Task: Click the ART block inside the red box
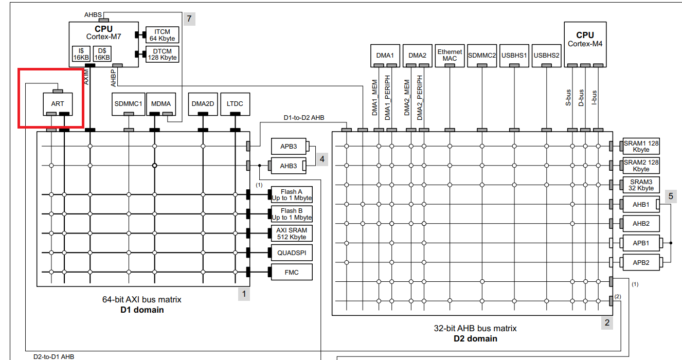point(57,104)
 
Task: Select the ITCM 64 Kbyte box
point(163,35)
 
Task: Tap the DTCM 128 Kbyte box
point(163,54)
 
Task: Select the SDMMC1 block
point(128,104)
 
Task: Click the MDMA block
point(160,104)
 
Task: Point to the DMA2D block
point(203,104)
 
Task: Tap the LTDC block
point(235,104)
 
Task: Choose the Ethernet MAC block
point(450,55)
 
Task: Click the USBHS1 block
point(514,55)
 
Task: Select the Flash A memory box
point(292,195)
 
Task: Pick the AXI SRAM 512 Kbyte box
point(292,233)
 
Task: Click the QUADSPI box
point(292,253)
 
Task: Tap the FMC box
point(292,272)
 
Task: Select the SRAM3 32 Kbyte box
point(641,185)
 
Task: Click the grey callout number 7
point(189,19)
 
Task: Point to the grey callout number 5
point(670,196)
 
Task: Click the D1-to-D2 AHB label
point(304,118)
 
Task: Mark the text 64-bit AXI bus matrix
point(142,299)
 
